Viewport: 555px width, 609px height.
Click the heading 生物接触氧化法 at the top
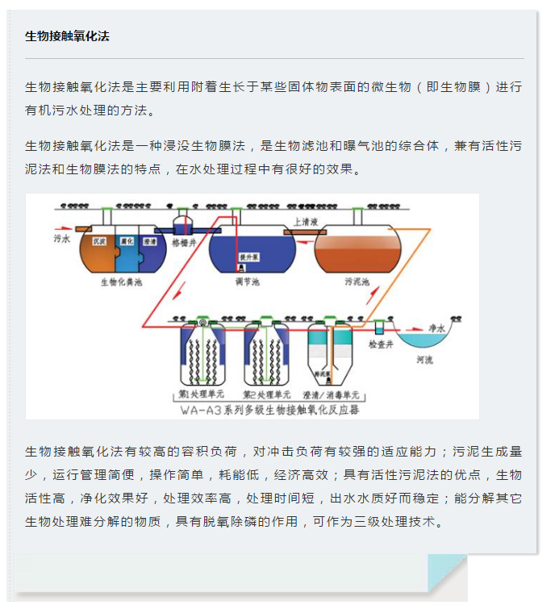[67, 36]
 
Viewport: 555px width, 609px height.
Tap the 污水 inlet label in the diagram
[63, 240]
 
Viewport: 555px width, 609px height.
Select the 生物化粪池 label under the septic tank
[120, 282]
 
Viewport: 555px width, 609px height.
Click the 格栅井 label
[185, 240]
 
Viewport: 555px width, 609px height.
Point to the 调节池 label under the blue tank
[247, 282]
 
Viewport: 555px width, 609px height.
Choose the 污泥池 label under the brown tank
[356, 282]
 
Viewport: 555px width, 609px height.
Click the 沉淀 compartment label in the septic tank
[101, 241]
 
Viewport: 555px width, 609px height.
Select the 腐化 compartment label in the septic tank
[126, 241]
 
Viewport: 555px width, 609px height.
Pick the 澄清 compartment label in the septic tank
[149, 241]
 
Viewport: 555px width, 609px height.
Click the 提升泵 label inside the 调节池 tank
[248, 257]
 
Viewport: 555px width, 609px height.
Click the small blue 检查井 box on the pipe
[380, 327]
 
